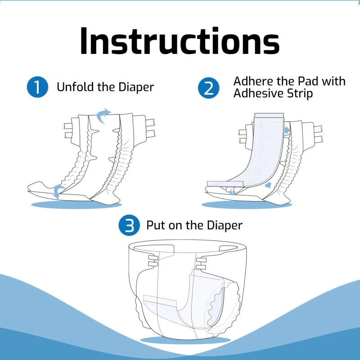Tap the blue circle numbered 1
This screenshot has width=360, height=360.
tap(37, 87)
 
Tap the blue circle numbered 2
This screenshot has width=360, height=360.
tap(209, 87)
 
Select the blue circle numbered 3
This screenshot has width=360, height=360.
tap(129, 225)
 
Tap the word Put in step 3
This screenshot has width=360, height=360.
tap(155, 225)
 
